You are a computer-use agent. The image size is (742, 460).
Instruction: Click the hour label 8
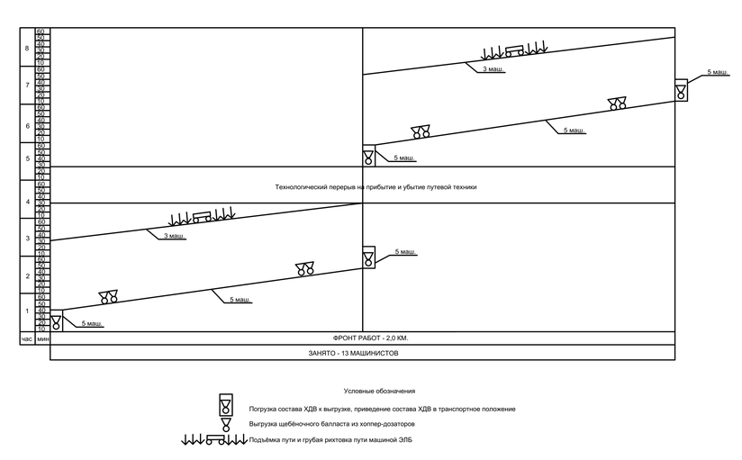(x=27, y=49)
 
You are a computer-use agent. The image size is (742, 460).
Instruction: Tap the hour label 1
(x=27, y=311)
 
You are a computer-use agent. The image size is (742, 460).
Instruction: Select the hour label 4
(x=27, y=203)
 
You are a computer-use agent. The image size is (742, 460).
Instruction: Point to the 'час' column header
(x=27, y=338)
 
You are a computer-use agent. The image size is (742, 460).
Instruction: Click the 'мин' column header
(x=42, y=338)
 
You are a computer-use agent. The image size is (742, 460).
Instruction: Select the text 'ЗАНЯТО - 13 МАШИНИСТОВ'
(x=359, y=354)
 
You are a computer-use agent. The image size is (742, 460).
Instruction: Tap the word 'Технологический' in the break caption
(x=302, y=187)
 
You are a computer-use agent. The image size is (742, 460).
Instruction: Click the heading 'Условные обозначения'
(x=379, y=392)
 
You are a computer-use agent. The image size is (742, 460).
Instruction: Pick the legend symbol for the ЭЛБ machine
(x=214, y=440)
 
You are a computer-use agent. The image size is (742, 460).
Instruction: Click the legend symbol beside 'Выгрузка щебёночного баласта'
(x=226, y=424)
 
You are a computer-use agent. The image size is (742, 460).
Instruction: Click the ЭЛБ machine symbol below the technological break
(x=203, y=216)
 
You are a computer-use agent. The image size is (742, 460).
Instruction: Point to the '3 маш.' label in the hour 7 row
(x=493, y=69)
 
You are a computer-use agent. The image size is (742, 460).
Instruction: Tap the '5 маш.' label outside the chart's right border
(x=718, y=71)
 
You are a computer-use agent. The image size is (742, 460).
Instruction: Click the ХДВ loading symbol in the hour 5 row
(x=368, y=156)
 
